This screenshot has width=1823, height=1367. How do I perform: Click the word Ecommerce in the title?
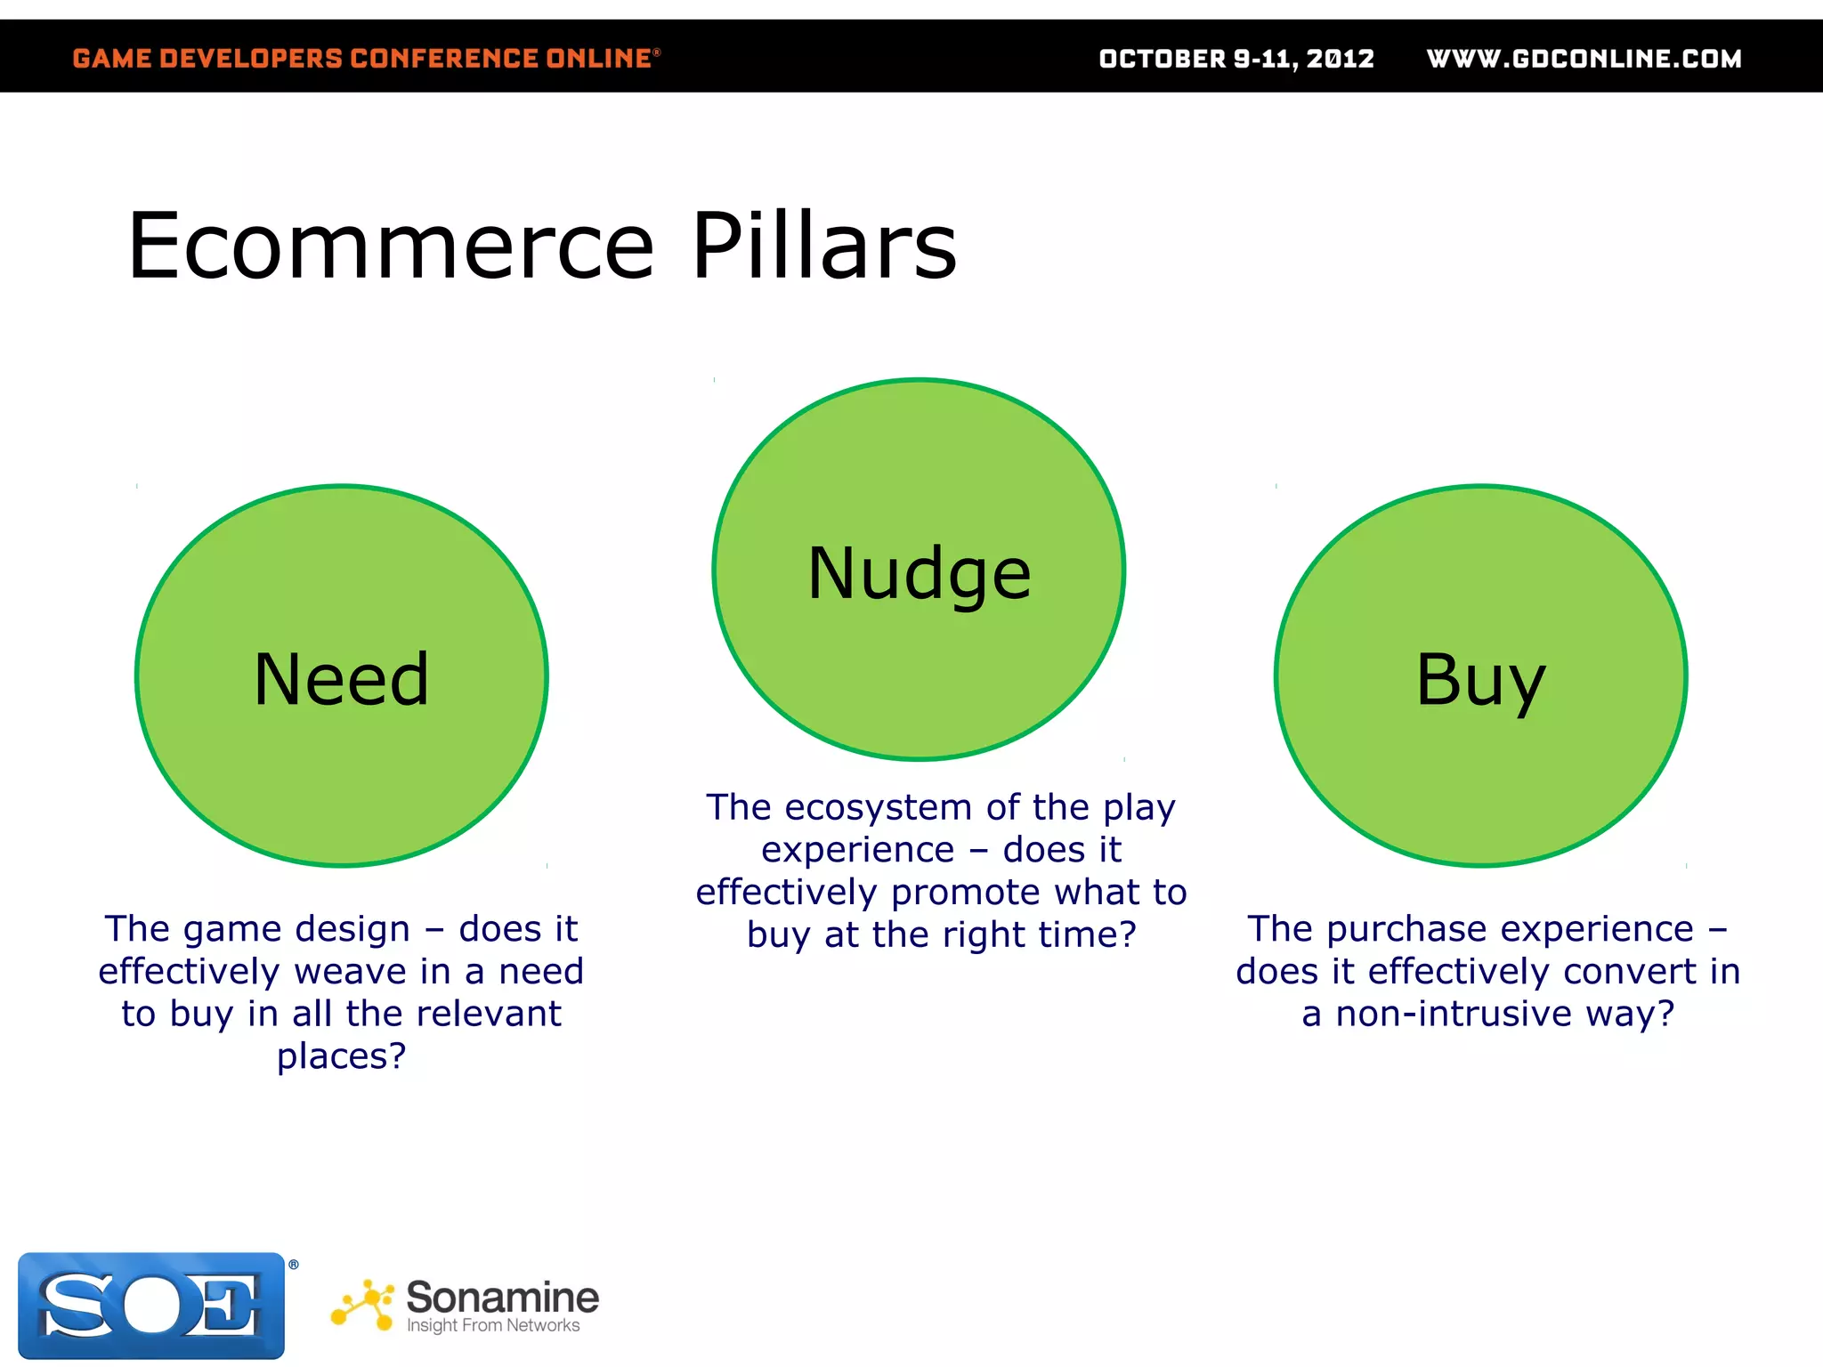(392, 247)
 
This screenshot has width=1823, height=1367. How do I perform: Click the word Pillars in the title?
(824, 247)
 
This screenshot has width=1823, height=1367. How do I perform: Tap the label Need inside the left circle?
(342, 680)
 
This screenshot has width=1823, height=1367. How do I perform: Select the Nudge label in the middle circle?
(919, 574)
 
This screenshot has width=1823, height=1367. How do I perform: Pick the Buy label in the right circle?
(1480, 680)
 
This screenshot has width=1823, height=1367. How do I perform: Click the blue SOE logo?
(151, 1306)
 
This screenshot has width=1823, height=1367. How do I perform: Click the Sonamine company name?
(502, 1298)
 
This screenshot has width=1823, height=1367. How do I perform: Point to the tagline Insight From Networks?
(492, 1326)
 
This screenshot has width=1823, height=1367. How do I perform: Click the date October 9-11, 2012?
(1236, 59)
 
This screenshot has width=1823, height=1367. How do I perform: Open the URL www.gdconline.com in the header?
(1584, 59)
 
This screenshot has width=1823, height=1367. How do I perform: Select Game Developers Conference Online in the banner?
(365, 59)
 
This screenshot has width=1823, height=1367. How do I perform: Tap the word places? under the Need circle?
(341, 1056)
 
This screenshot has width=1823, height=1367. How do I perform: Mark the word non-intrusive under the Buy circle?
(1454, 1014)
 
